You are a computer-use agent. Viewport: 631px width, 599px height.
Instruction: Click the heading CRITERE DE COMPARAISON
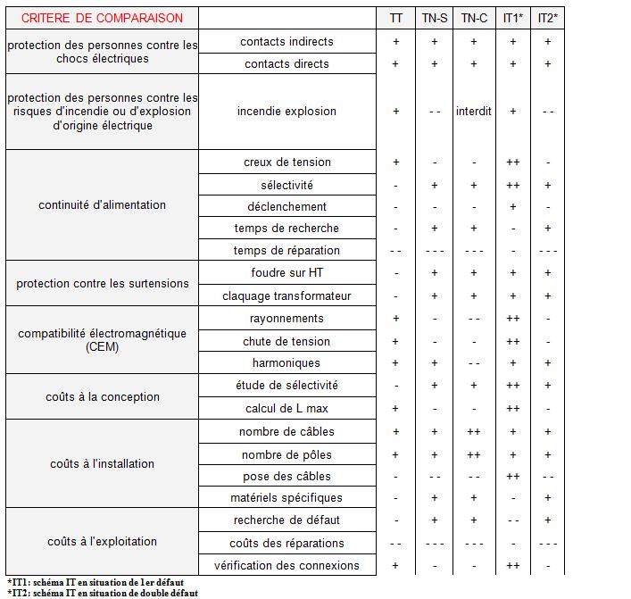(x=102, y=18)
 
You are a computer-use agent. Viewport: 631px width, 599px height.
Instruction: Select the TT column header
(x=396, y=18)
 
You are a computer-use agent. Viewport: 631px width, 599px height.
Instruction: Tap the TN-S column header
(x=435, y=18)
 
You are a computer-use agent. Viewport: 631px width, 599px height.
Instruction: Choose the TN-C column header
(x=474, y=18)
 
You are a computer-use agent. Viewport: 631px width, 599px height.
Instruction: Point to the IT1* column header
(x=512, y=18)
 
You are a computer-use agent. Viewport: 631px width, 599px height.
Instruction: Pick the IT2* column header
(x=548, y=18)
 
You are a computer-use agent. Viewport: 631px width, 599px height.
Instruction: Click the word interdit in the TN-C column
(x=474, y=112)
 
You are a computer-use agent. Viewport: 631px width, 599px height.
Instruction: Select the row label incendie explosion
(x=286, y=112)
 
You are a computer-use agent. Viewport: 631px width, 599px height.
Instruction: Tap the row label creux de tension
(x=286, y=162)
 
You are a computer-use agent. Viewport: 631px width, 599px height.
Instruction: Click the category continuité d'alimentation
(x=102, y=205)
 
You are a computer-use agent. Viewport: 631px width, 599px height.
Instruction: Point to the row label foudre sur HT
(x=286, y=273)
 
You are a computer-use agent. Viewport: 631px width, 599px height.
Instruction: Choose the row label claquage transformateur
(x=286, y=296)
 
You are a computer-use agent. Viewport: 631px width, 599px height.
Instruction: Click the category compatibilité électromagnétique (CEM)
(x=102, y=340)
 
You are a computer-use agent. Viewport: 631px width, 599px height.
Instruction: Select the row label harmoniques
(x=286, y=363)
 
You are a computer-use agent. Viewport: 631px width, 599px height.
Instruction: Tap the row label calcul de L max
(x=286, y=409)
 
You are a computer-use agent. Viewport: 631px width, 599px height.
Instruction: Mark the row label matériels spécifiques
(x=286, y=498)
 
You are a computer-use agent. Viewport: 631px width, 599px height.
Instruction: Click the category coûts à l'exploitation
(x=102, y=542)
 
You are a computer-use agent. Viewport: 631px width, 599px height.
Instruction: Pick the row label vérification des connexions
(x=286, y=565)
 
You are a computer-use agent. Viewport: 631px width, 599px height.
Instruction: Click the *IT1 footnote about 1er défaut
(x=95, y=582)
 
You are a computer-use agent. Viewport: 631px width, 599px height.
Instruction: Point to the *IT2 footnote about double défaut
(x=101, y=593)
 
